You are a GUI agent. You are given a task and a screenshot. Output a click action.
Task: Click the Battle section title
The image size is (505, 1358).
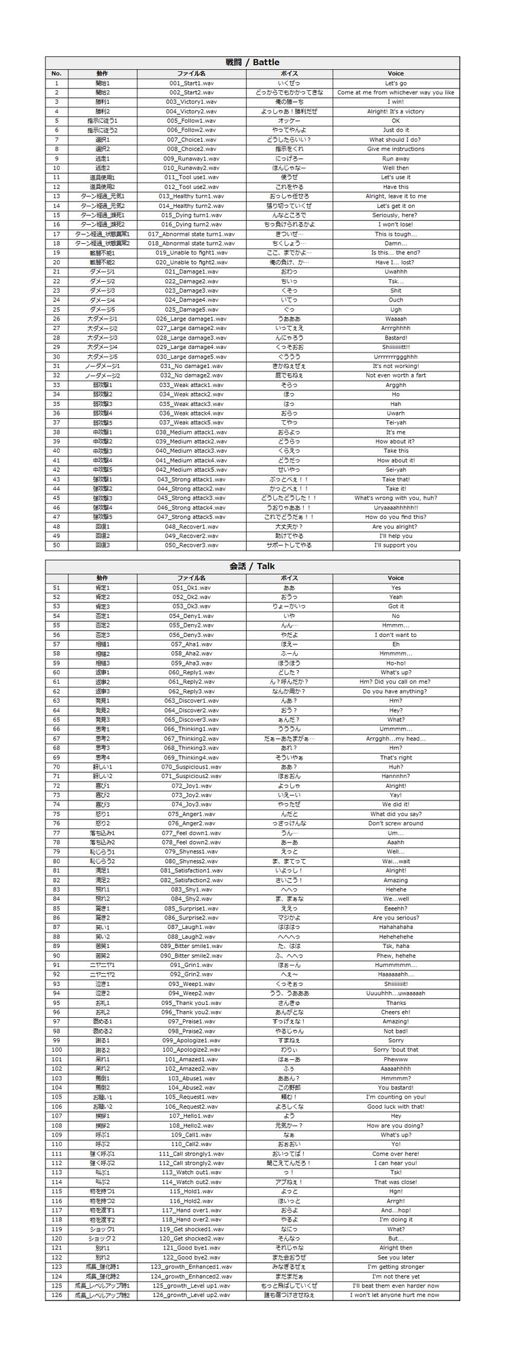(252, 62)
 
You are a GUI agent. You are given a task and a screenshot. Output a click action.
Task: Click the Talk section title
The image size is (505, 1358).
(252, 566)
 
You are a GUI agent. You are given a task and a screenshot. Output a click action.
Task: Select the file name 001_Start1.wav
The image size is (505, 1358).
(191, 83)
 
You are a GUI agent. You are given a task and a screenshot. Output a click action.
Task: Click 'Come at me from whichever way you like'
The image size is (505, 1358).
(396, 92)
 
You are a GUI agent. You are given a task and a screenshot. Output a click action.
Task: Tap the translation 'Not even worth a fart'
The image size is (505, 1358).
(396, 375)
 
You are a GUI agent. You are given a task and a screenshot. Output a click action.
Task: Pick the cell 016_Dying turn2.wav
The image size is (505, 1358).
(191, 224)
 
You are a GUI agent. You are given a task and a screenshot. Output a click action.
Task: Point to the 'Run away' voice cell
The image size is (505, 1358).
(396, 158)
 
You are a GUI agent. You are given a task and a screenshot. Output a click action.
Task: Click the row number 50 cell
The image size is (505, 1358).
(56, 545)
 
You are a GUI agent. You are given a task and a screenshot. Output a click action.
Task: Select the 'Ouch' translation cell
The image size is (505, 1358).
(396, 300)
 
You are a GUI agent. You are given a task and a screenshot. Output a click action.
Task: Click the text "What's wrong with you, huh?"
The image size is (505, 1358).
(396, 498)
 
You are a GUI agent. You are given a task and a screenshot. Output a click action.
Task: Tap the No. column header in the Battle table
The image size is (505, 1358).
(56, 73)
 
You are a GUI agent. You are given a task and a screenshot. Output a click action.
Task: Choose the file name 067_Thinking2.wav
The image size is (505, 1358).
(191, 739)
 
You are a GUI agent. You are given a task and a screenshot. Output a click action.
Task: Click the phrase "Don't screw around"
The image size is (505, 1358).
(396, 824)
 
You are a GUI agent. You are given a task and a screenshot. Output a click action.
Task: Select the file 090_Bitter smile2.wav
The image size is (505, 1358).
(191, 955)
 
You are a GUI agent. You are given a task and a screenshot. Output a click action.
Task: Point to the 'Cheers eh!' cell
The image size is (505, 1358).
(396, 1012)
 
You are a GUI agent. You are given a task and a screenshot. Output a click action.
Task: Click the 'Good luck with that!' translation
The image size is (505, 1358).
(396, 1107)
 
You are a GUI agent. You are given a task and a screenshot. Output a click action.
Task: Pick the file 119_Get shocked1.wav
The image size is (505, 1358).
(191, 1229)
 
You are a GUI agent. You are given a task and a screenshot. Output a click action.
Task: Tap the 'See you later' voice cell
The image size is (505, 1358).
(396, 1258)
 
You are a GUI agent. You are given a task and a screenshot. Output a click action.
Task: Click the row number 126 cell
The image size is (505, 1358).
(56, 1295)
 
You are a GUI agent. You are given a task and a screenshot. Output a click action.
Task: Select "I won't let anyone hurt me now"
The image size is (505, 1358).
(396, 1295)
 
